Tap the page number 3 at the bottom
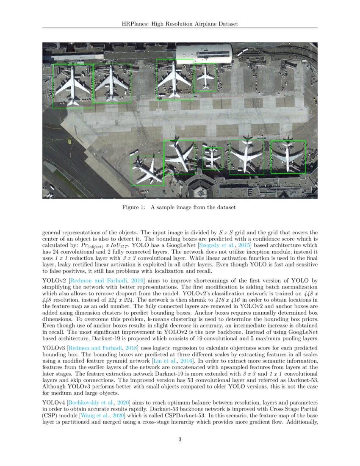pos(180,439)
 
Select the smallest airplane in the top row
pos(206,77)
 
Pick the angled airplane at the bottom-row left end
pos(147,170)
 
